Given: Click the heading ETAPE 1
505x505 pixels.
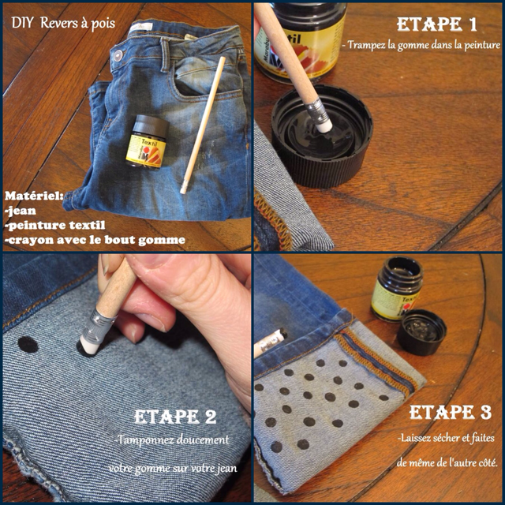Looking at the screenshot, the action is coord(436,24).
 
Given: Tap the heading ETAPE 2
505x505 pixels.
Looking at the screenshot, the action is coord(175,417).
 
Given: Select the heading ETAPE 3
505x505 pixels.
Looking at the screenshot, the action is coord(451,412).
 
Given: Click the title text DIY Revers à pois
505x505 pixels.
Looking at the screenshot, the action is coord(63,23).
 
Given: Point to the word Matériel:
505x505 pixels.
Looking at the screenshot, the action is coord(34,196).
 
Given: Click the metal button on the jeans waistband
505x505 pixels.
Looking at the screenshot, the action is coord(118,56).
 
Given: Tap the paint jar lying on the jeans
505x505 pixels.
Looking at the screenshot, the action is coord(148,143).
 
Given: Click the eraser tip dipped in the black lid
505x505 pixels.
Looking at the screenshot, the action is coord(324,125).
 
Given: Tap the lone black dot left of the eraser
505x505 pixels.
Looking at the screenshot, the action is coord(28,345).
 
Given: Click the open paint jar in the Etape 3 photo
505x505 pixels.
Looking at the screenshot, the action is coord(396,289).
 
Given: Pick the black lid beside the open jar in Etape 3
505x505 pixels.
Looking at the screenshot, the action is coord(421,332).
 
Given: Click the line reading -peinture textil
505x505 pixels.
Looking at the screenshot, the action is coord(55,225).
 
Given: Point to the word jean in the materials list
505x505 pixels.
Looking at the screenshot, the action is coord(22,211).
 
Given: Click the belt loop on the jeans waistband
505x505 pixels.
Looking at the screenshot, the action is coord(165,54).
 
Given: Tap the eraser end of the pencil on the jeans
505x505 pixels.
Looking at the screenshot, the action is coord(184,188).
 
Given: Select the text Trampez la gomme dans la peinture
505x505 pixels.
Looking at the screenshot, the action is coord(421,45).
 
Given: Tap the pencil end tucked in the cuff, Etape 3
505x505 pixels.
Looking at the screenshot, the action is coord(270,343).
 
